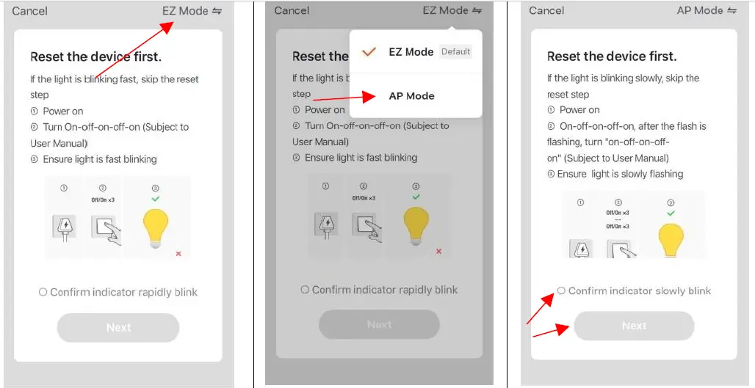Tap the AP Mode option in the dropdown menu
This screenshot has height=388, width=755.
(x=411, y=96)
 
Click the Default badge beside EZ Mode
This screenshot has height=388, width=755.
(x=455, y=52)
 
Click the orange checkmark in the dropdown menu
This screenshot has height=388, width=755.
(x=369, y=52)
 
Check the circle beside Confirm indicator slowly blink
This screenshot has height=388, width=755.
(x=561, y=290)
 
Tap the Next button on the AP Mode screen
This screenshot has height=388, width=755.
(x=634, y=326)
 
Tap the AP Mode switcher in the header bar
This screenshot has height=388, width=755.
(x=707, y=10)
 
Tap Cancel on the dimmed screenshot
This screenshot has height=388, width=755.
(x=292, y=10)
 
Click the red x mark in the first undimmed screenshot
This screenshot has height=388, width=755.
(x=178, y=253)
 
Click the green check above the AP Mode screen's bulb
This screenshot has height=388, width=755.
(x=671, y=213)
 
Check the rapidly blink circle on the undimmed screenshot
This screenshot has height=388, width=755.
(x=43, y=292)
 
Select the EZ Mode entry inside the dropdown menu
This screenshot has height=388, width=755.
(x=411, y=52)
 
